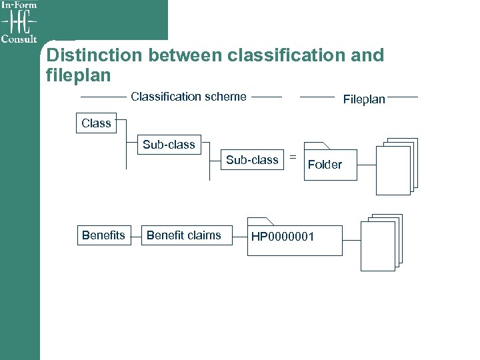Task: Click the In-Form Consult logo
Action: [19, 22]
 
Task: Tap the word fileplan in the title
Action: [79, 75]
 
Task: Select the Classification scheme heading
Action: [189, 97]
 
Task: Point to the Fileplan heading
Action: [364, 99]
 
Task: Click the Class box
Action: [96, 123]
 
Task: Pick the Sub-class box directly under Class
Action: [169, 145]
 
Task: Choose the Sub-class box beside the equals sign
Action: [252, 160]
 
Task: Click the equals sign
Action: [292, 158]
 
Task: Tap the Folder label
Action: [325, 165]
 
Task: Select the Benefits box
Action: [103, 235]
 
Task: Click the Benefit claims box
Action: [183, 235]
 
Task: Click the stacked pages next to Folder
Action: [397, 167]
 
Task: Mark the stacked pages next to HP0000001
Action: [381, 242]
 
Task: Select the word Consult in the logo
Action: [19, 38]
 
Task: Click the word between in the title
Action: [185, 55]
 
